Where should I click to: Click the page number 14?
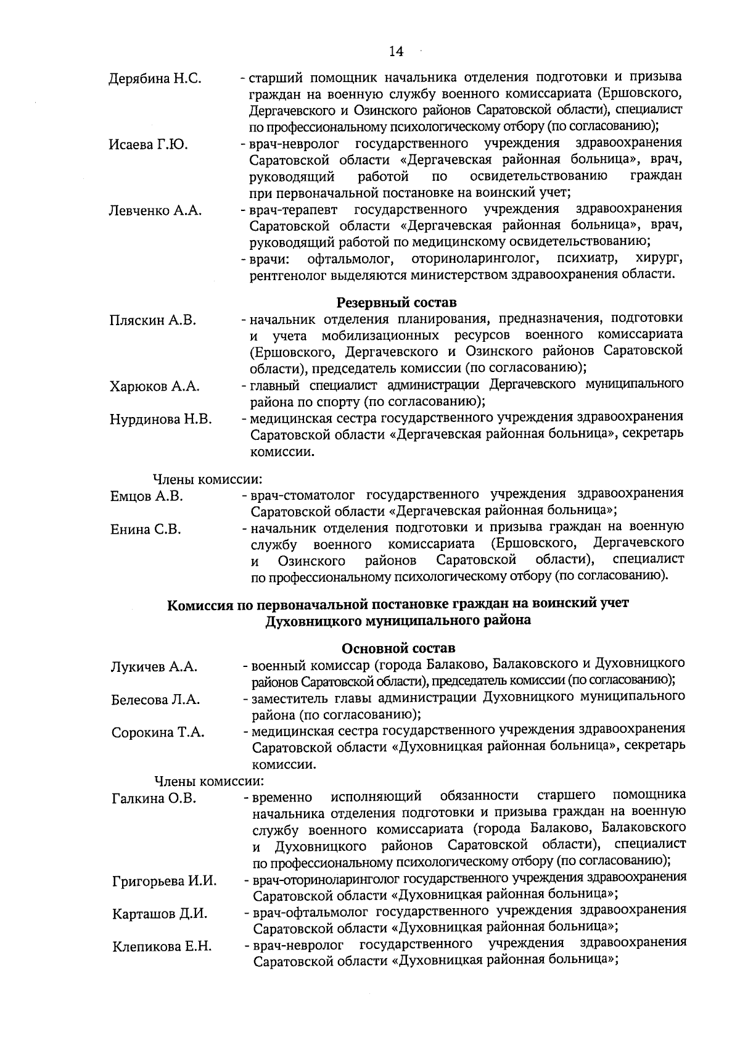point(396,52)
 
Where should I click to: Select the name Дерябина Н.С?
point(155,80)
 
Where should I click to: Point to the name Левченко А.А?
point(155,210)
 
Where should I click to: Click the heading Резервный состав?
point(397,303)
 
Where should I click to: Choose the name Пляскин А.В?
point(152,320)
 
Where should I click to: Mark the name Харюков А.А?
point(154,387)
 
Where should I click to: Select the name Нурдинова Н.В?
point(160,420)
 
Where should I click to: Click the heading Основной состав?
point(398,648)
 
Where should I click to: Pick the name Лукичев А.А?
point(154,667)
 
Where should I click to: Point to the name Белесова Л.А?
point(155,700)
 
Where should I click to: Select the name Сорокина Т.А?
point(158,733)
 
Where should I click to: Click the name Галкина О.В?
point(154,799)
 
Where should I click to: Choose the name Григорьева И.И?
point(164,881)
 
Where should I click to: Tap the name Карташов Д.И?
point(160,914)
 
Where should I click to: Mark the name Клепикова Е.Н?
point(162,947)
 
